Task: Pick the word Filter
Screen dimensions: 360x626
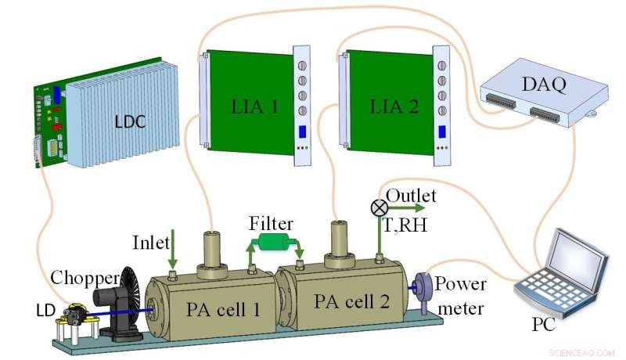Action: tap(272, 224)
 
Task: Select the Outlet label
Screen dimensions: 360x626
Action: tap(411, 195)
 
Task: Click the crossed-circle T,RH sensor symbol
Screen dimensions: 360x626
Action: tap(379, 207)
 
